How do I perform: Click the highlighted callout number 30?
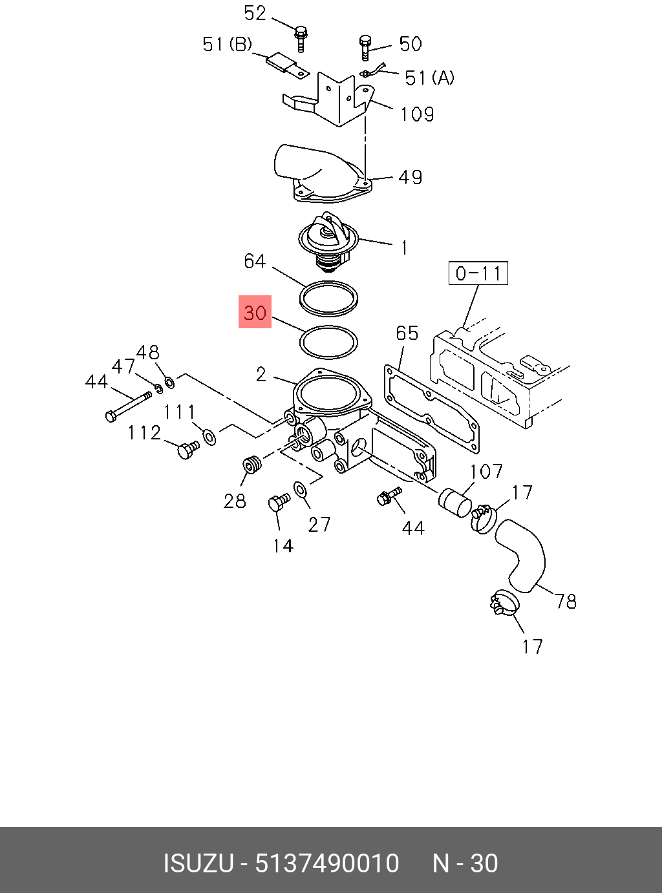click(255, 312)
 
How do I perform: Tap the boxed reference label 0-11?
click(478, 273)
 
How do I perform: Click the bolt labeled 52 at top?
click(301, 37)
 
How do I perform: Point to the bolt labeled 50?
click(365, 47)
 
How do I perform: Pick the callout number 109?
click(417, 114)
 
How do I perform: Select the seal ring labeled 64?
click(330, 299)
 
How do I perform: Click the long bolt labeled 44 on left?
click(129, 404)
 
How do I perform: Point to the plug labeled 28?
click(251, 465)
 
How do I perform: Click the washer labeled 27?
click(301, 489)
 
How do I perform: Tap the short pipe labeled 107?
click(456, 503)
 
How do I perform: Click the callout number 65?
click(407, 333)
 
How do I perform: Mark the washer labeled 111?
click(209, 437)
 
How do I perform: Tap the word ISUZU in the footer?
click(197, 863)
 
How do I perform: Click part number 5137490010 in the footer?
click(327, 863)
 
